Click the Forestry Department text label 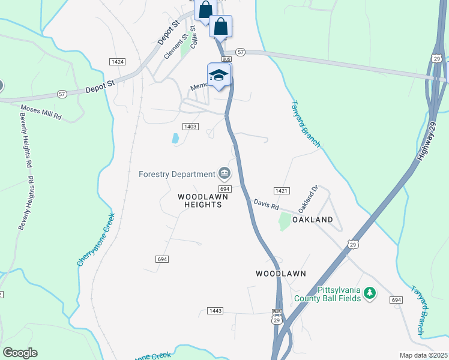(176, 175)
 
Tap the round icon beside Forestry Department (224, 175)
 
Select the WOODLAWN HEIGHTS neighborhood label (200, 200)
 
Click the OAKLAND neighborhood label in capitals (312, 220)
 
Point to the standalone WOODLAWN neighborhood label (281, 274)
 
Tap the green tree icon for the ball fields (370, 293)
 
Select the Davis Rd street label (266, 205)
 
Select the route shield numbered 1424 (117, 62)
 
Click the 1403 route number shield (190, 126)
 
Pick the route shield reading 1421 (282, 191)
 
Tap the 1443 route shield (215, 310)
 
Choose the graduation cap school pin (218, 76)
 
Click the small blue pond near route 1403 (175, 138)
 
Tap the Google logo (20, 352)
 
